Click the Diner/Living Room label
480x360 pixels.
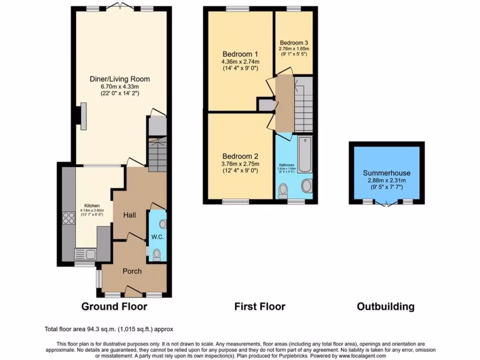tap(120, 79)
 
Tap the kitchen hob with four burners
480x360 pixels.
tap(68, 219)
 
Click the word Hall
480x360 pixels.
tap(129, 215)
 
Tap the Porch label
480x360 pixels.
tap(132, 271)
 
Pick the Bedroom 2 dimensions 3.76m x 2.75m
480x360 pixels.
tap(240, 164)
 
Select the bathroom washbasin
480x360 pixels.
tap(307, 186)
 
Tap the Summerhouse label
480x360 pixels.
tap(386, 172)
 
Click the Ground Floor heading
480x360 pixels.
tap(114, 307)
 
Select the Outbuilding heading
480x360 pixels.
tap(386, 307)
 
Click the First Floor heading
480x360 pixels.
tap(260, 307)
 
